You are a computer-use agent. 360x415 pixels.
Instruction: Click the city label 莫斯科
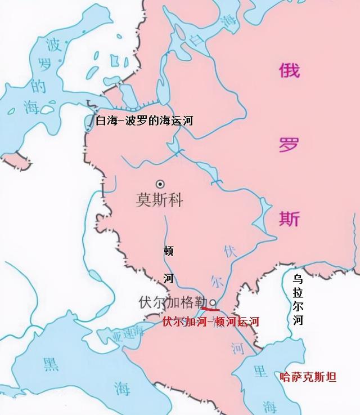(160, 200)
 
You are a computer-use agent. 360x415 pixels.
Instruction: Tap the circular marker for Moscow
(160, 184)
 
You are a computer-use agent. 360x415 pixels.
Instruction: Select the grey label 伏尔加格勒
(173, 302)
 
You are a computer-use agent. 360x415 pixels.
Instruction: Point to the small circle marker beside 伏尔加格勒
(213, 302)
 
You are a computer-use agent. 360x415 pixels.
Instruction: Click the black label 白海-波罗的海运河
(140, 121)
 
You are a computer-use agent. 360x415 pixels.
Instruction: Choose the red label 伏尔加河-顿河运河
(210, 322)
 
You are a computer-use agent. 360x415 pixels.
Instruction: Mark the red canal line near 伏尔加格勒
(210, 308)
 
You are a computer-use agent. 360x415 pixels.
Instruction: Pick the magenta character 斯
(289, 217)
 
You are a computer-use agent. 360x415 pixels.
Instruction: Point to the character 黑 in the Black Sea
(51, 364)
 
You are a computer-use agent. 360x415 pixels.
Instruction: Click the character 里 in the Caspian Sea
(260, 371)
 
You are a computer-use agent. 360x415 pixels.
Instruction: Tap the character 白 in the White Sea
(195, 40)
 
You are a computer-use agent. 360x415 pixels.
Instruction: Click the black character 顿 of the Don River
(169, 251)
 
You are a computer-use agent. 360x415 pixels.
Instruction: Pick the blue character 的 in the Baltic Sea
(38, 86)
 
